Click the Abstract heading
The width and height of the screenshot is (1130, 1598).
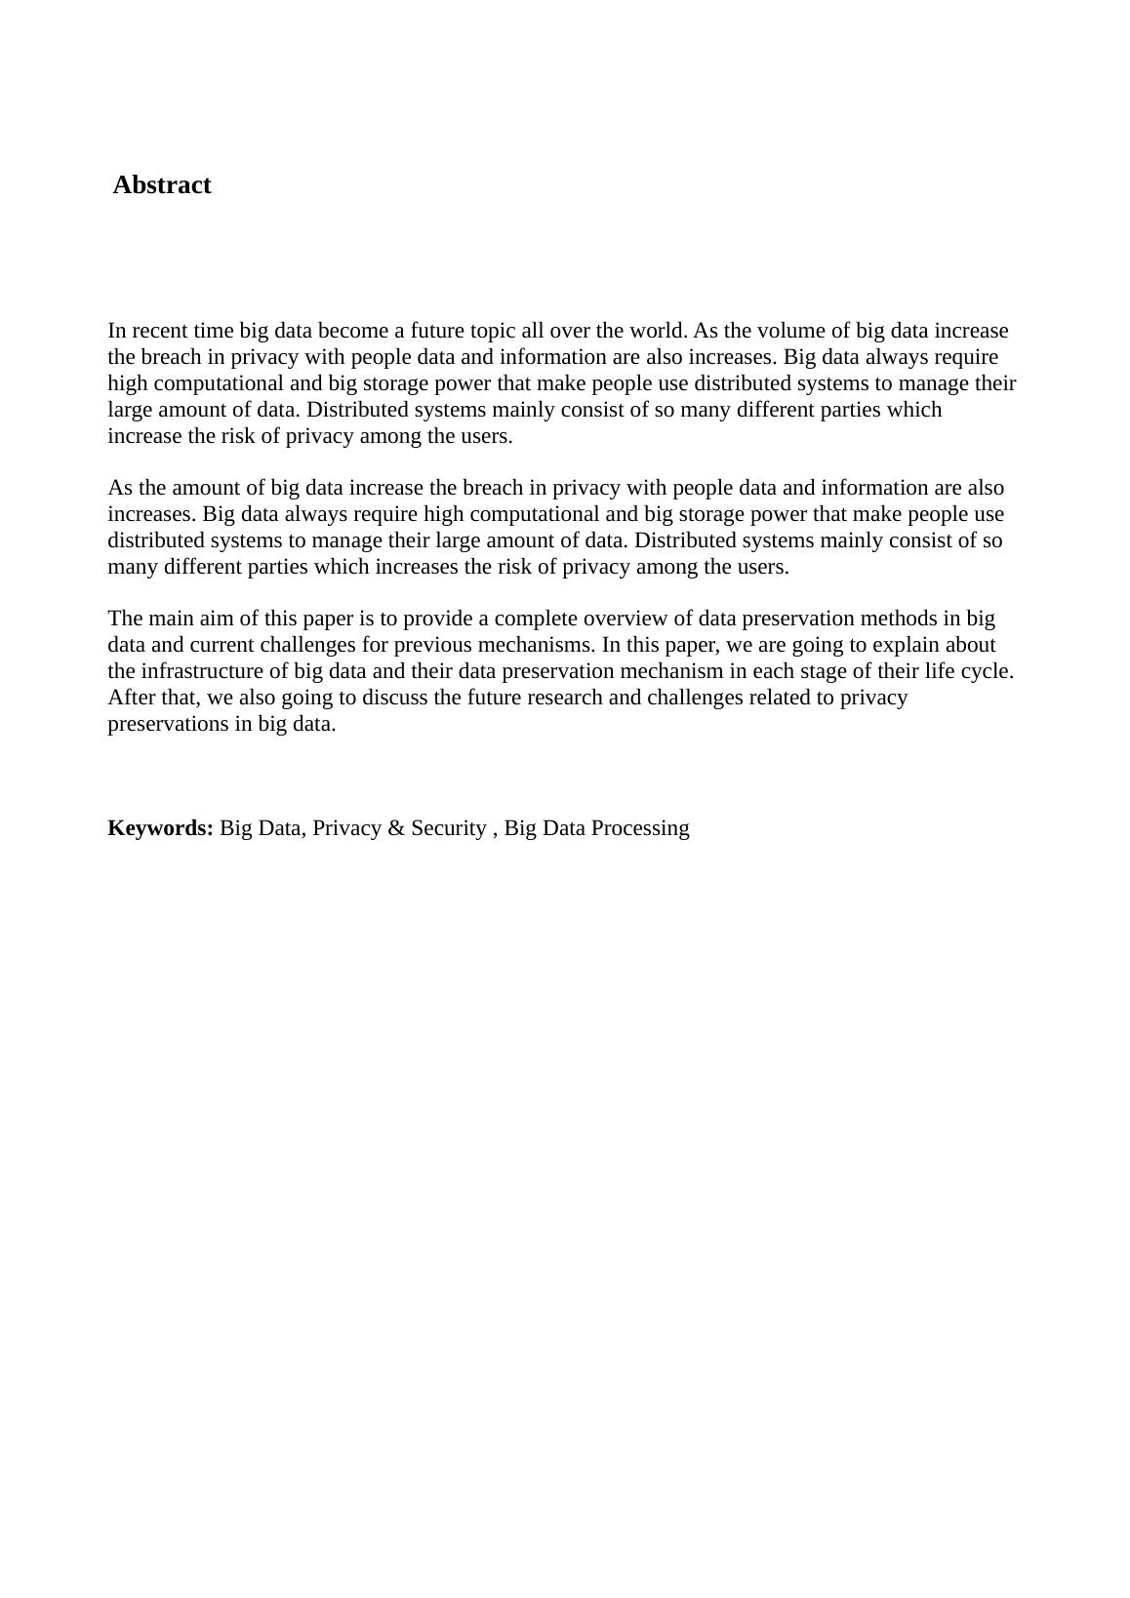[162, 185]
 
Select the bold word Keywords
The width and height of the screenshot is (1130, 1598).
[160, 828]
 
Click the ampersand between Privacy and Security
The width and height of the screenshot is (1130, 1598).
[395, 828]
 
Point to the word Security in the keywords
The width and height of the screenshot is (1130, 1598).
[448, 828]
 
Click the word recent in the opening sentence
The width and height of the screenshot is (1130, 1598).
[160, 331]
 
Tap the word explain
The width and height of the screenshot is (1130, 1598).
[909, 645]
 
